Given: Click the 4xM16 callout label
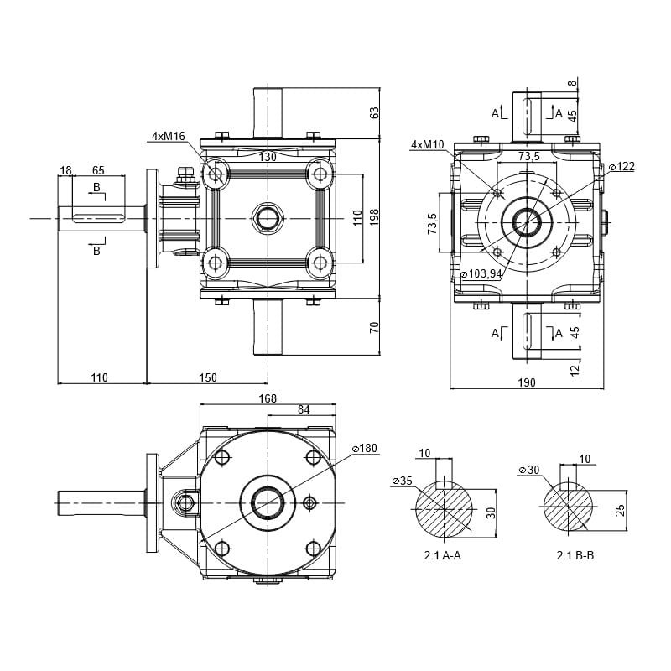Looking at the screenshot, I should pyautogui.click(x=169, y=135).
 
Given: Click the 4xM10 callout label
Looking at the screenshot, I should pyautogui.click(x=428, y=144).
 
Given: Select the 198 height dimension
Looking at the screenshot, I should pyautogui.click(x=375, y=217).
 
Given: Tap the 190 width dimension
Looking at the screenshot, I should pyautogui.click(x=526, y=383).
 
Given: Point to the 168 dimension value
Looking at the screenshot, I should pyautogui.click(x=268, y=398).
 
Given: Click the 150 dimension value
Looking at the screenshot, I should pyautogui.click(x=207, y=378).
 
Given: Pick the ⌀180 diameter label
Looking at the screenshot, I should pyautogui.click(x=365, y=449).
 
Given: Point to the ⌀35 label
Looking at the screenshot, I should pyautogui.click(x=402, y=481).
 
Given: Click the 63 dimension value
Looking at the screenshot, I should pyautogui.click(x=375, y=112).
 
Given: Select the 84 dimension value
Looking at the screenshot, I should pyautogui.click(x=303, y=410).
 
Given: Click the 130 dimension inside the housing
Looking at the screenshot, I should pyautogui.click(x=268, y=157).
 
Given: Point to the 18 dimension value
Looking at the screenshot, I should pyautogui.click(x=65, y=170).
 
